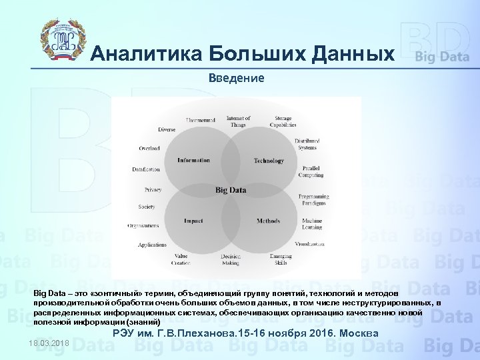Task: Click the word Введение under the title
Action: [236, 78]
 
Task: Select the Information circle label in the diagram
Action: [193, 160]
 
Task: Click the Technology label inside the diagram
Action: [269, 161]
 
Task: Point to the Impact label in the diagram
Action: [193, 221]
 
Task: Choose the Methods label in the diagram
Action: [268, 221]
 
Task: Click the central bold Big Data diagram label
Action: [231, 190]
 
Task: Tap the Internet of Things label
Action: [238, 121]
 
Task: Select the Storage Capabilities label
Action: [283, 121]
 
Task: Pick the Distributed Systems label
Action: [307, 144]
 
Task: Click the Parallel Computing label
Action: [311, 171]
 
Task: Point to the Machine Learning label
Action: [311, 223]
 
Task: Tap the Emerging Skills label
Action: [281, 259]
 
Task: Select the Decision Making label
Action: [231, 259]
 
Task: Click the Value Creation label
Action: [181, 259]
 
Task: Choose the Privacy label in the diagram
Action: [153, 190]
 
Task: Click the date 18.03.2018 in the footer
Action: [49, 343]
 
